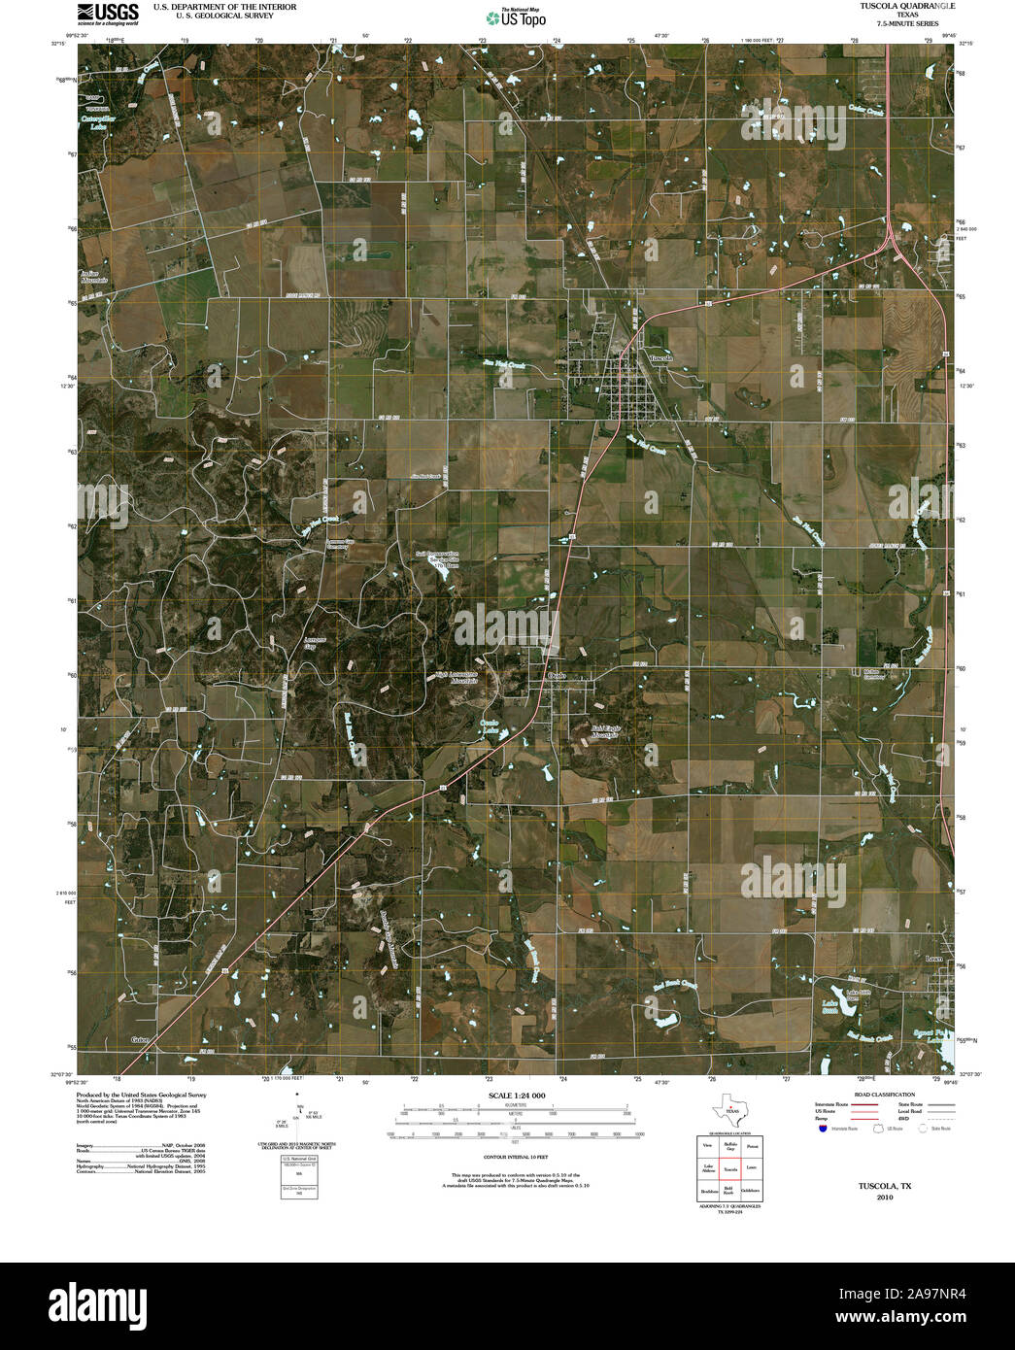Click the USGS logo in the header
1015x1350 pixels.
coord(107,13)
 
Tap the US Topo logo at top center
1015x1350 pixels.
coord(515,17)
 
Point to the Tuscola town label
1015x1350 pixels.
coord(660,358)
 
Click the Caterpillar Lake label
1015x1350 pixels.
coord(97,122)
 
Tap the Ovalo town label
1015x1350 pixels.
coord(558,675)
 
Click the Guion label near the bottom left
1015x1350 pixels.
coord(144,1040)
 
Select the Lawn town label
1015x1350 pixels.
coord(934,959)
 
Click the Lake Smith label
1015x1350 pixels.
coord(830,1007)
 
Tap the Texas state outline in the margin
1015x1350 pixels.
coord(729,1108)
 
